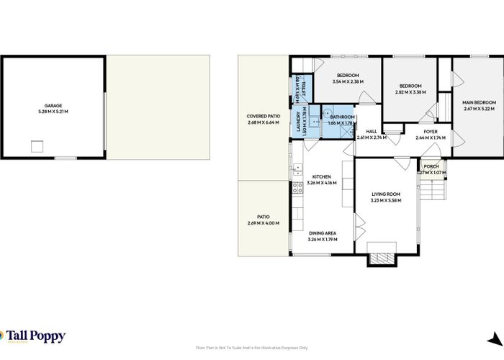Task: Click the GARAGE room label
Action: (53, 109)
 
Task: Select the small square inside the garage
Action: (37, 147)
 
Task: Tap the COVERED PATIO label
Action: (263, 120)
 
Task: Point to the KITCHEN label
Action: (321, 179)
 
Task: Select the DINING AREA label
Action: (322, 235)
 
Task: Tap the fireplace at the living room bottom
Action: (382, 259)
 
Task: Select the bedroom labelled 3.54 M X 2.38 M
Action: (348, 78)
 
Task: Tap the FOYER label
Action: (431, 134)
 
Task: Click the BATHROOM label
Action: (342, 120)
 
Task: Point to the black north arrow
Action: (494, 341)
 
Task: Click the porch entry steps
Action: (433, 192)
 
